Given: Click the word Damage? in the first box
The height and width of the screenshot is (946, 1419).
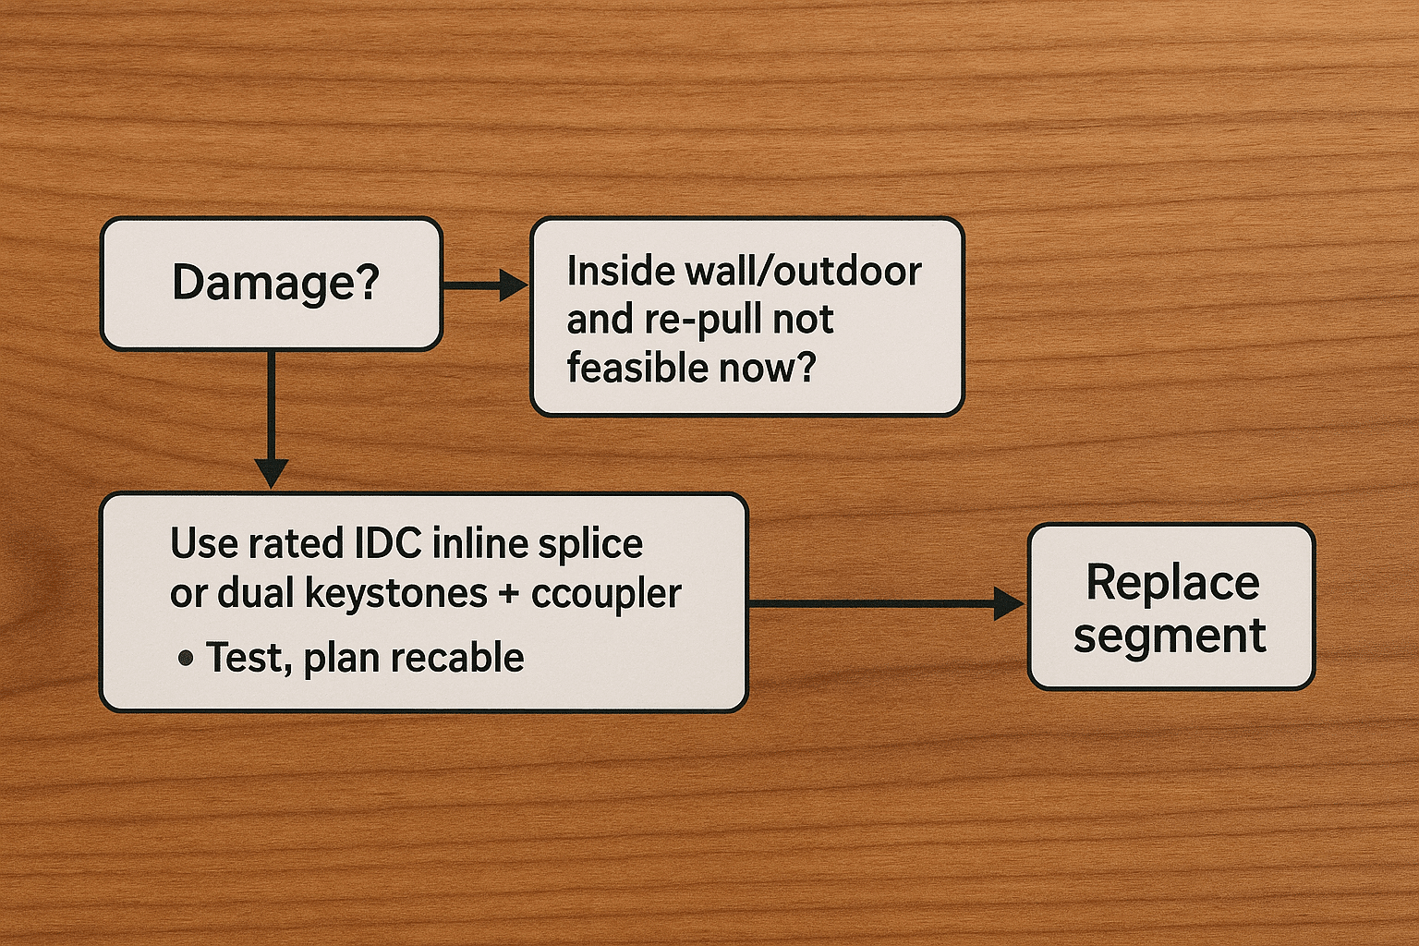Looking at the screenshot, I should pos(275,282).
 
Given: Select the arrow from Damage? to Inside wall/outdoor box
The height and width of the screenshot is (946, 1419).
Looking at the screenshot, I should pos(484,285).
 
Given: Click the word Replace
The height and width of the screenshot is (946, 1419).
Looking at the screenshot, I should pos(1172,582).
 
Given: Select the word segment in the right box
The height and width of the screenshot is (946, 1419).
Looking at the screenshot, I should pos(1170,636).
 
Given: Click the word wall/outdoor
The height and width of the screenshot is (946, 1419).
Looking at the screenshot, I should pos(801,272).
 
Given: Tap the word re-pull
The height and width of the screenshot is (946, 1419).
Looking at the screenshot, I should pos(700,320).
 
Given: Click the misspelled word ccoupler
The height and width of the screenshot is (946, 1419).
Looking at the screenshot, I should pos(606,594).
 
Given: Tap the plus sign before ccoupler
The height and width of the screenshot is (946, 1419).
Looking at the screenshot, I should pos(508,594).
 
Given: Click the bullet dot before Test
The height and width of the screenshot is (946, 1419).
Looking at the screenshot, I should pos(186,659).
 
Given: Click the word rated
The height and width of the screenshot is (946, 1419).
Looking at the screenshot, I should pos(295,543).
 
